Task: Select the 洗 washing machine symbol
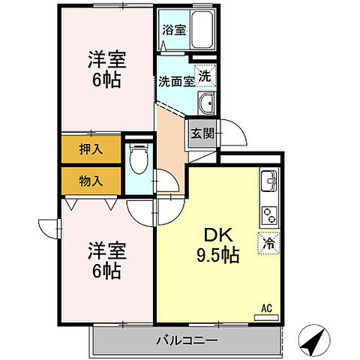coord(205,74)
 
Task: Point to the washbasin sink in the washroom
coord(207,103)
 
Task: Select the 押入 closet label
coord(91,148)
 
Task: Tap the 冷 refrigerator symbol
coord(268,243)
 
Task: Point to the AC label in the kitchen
coord(265,307)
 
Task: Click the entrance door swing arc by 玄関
coord(238,139)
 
